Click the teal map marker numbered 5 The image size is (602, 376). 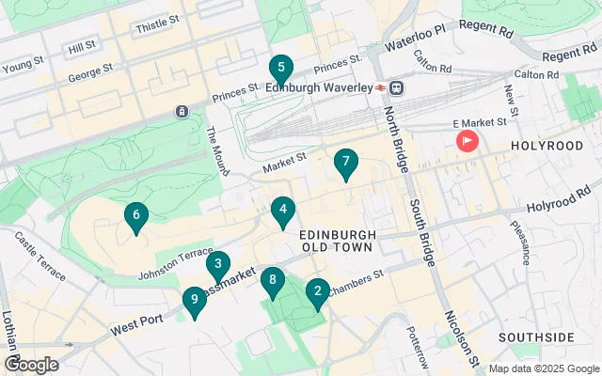point(278,69)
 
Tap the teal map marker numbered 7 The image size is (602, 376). point(346,163)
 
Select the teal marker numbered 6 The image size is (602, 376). point(136,217)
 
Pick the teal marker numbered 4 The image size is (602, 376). point(282,211)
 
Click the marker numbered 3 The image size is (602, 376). point(218,265)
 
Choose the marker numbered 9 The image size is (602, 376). point(194,301)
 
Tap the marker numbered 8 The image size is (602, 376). point(273,280)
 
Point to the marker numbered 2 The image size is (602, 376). point(317,293)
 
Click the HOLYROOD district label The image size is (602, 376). point(547,146)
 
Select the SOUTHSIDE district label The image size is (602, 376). point(536,337)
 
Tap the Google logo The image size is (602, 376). point(31,364)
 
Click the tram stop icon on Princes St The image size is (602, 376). point(181,112)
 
